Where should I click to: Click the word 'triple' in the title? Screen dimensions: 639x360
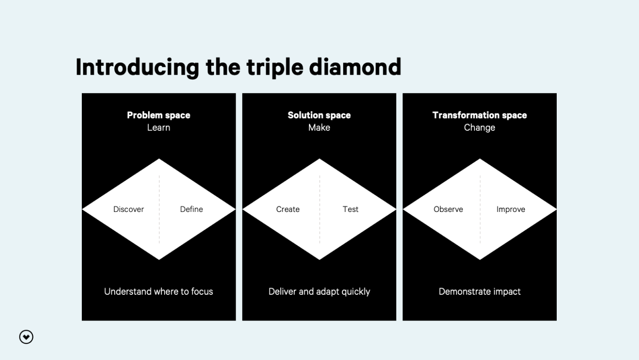[275, 68]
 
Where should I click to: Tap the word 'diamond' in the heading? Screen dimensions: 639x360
[355, 67]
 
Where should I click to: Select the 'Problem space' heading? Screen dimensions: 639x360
[158, 116]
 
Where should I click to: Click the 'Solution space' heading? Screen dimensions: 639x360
[319, 116]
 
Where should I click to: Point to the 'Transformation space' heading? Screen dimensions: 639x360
[480, 116]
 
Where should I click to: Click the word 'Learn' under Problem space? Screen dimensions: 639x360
[158, 127]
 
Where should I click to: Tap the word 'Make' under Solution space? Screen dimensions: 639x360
[319, 127]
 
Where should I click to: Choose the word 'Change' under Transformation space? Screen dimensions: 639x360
[480, 128]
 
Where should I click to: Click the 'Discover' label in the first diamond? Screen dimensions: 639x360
[129, 209]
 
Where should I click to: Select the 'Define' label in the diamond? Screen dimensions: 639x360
[191, 209]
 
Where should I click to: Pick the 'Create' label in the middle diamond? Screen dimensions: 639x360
[288, 209]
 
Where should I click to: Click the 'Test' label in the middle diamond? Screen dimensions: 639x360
[350, 209]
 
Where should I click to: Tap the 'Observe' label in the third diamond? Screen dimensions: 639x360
[448, 209]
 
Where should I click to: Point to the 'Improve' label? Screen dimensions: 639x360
[511, 210]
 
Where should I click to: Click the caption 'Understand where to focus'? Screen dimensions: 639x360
[158, 291]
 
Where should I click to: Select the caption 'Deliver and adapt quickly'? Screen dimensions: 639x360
[319, 292]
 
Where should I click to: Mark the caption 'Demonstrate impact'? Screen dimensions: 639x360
[480, 292]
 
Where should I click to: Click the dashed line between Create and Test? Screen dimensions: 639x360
[320, 209]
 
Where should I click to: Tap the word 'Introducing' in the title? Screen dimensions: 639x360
[137, 68]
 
